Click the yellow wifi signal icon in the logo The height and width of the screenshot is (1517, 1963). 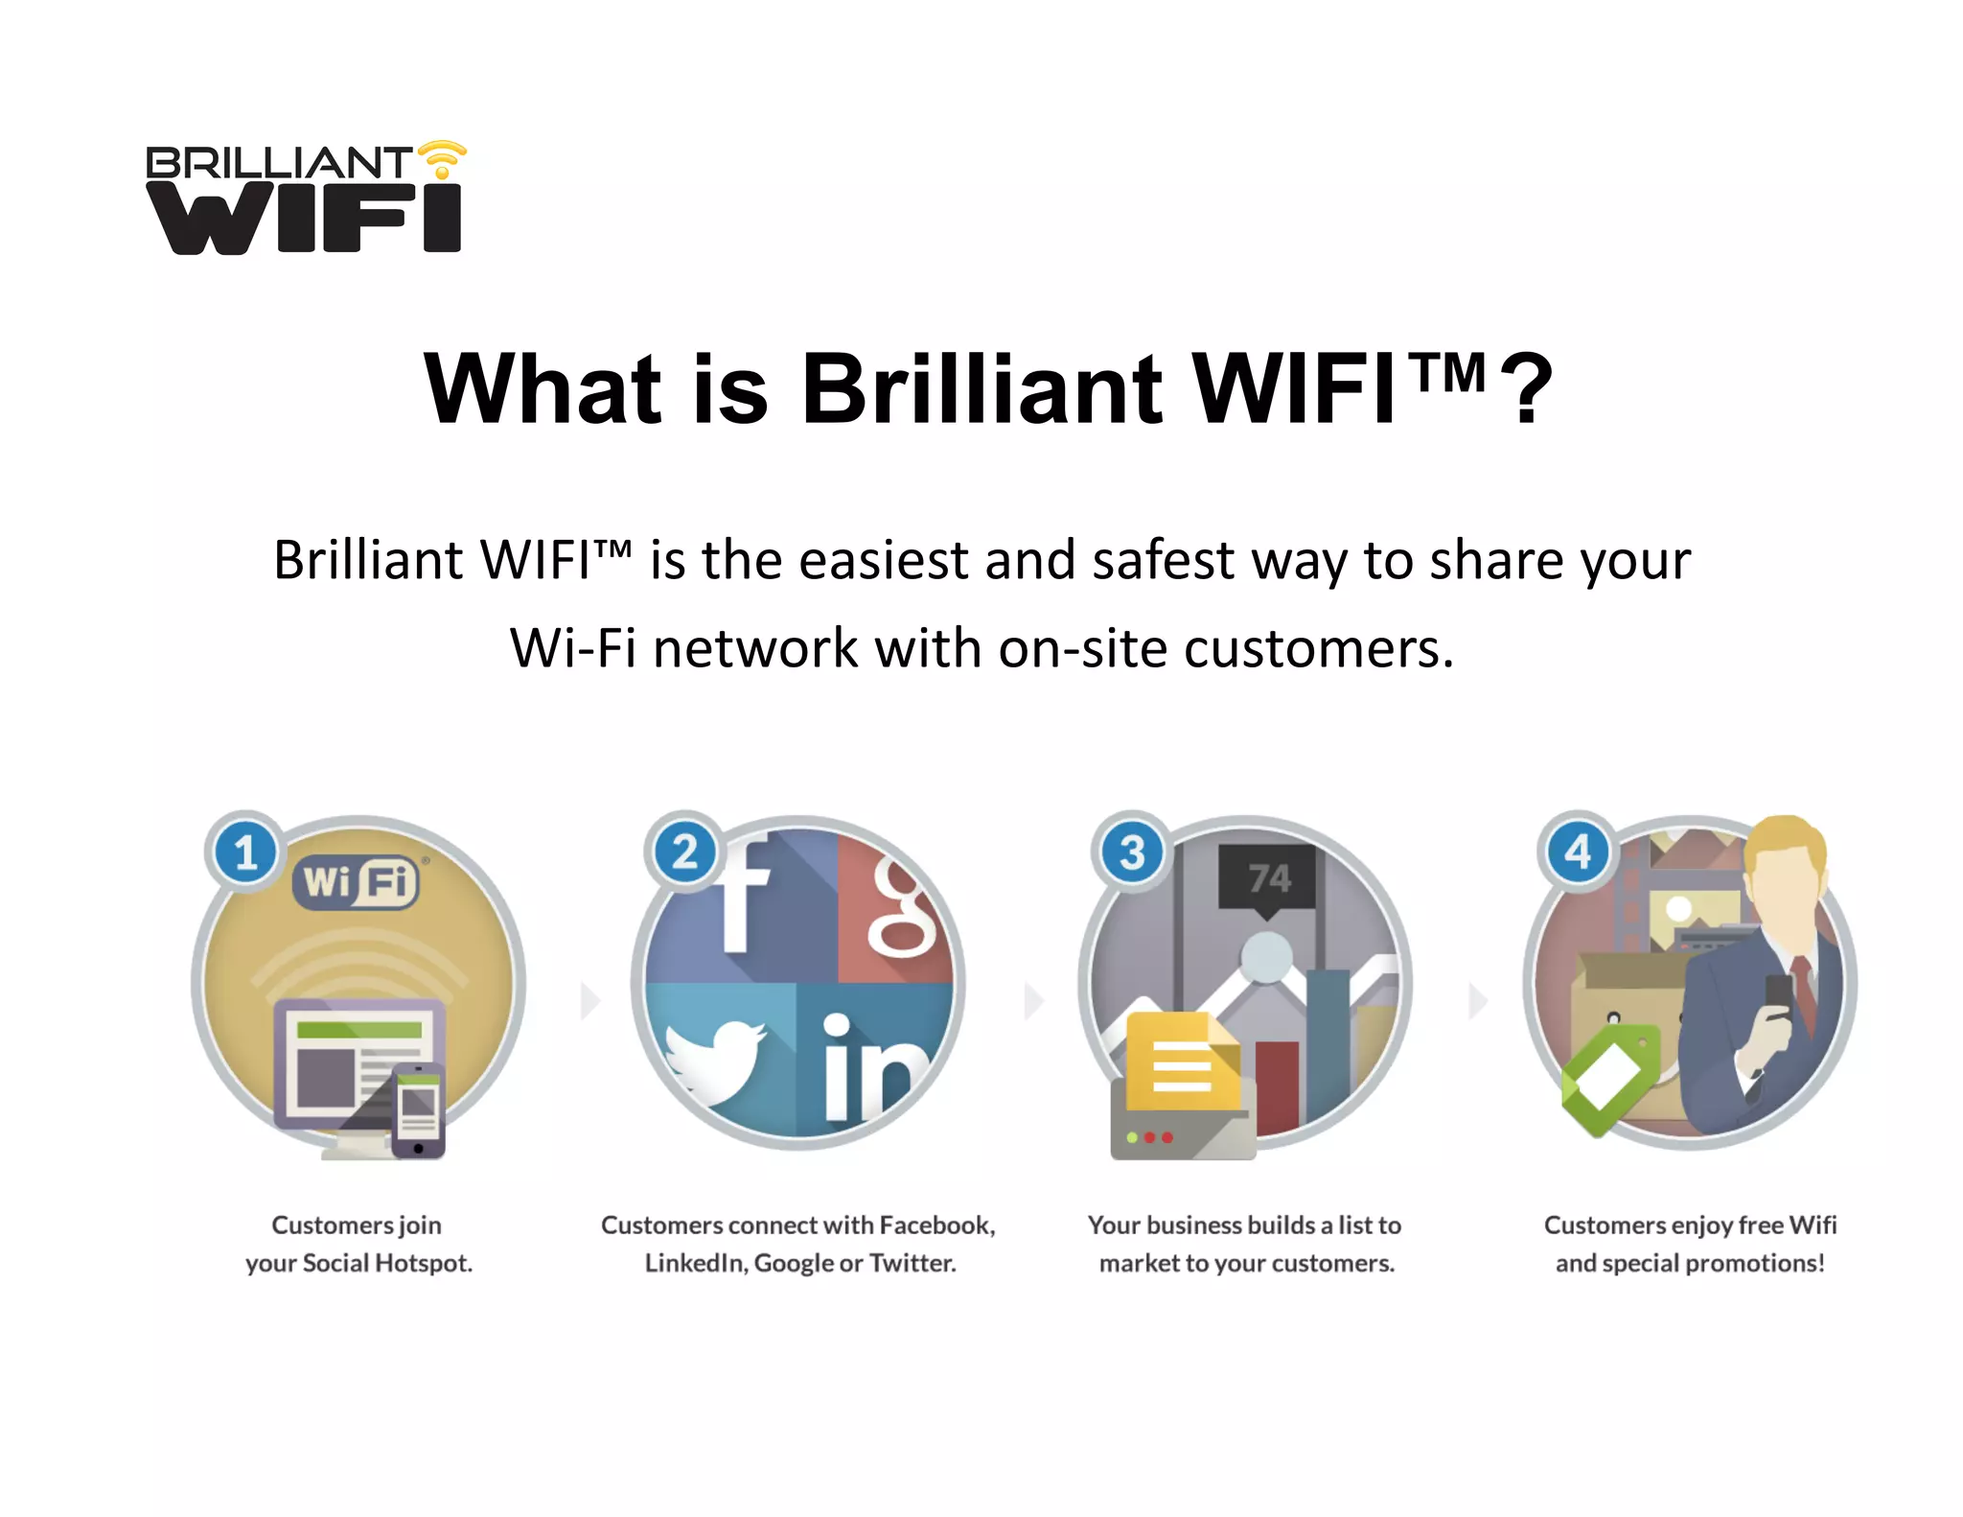pos(442,158)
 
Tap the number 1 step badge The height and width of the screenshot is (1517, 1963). pos(245,852)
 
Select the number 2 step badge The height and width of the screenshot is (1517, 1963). pos(684,852)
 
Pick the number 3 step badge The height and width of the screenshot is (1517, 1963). pos(1132,852)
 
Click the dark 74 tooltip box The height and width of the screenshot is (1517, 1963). pos(1267,877)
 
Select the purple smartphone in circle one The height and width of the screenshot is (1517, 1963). pos(419,1110)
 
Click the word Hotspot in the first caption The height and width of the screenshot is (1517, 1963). pos(423,1263)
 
